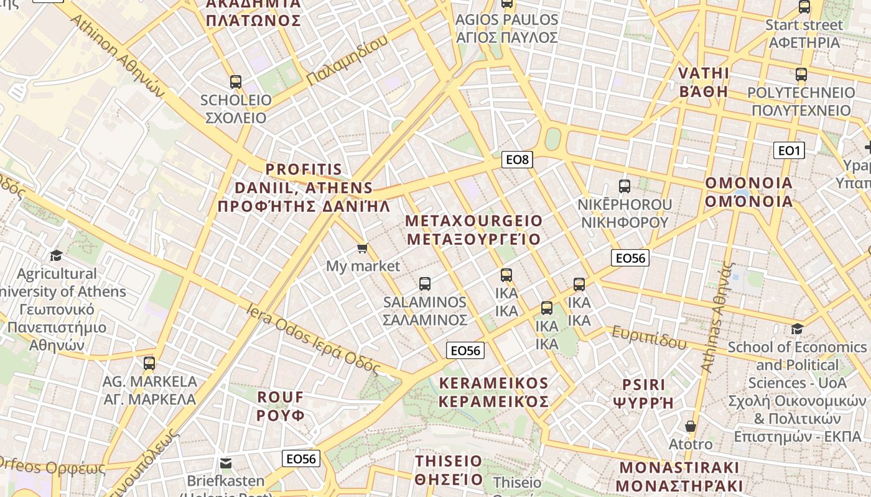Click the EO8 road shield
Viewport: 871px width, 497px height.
[517, 160]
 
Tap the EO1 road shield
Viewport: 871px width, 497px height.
[788, 150]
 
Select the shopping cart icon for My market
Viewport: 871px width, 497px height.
[362, 248]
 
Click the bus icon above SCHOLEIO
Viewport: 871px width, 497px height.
[236, 81]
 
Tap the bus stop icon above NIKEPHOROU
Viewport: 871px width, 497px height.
[624, 186]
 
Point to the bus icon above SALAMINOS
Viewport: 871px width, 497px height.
[425, 284]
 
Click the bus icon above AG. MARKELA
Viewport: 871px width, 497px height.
[149, 363]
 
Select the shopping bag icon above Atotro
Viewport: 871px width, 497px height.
[690, 426]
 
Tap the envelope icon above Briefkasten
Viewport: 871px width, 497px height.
[225, 463]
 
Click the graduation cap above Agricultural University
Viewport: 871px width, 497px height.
[57, 255]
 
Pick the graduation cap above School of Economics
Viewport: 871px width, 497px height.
[797, 329]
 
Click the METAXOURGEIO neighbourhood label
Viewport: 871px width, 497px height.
[473, 230]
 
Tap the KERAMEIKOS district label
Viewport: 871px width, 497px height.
[494, 392]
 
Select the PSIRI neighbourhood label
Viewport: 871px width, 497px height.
[643, 393]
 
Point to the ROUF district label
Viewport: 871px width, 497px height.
[281, 406]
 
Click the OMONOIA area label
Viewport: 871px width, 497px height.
[748, 192]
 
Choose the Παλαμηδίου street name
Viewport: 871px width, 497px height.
[347, 60]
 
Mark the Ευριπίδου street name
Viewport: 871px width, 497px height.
[649, 337]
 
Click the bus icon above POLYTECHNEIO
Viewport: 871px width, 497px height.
[801, 75]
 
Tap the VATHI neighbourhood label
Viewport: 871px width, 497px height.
[703, 82]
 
